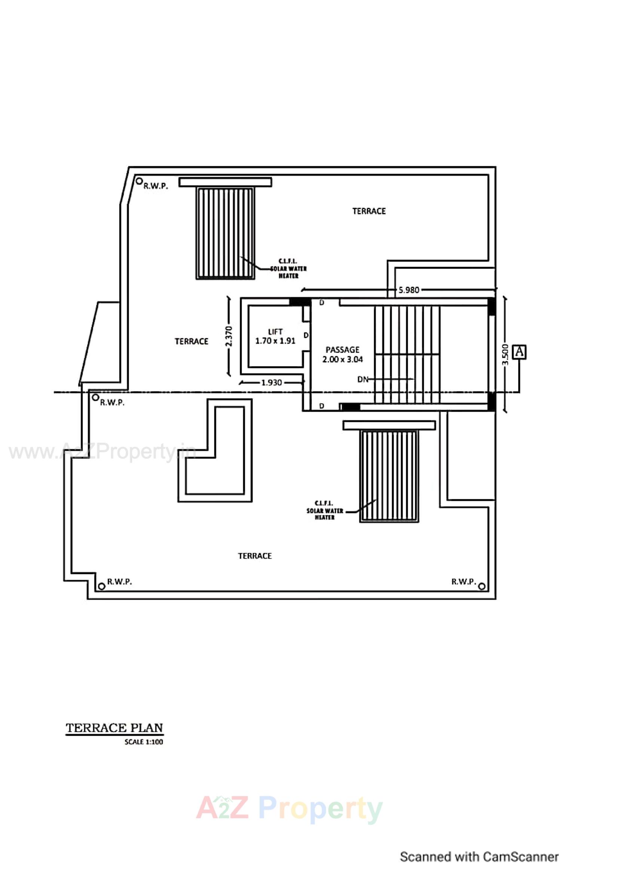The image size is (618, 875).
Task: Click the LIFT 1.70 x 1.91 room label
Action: pos(275,336)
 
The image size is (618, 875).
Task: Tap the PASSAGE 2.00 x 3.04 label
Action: pos(343,354)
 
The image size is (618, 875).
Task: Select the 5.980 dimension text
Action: pos(409,290)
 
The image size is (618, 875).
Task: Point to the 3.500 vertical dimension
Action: pos(505,354)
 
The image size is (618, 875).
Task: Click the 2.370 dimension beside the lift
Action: pos(229,336)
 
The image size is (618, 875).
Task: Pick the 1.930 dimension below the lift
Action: pos(271,382)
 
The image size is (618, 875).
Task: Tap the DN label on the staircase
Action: pos(363,379)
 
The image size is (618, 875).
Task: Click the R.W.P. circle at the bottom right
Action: pos(481,586)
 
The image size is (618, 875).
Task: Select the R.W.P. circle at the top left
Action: pos(140,181)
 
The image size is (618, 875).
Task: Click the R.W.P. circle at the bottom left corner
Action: pos(101,586)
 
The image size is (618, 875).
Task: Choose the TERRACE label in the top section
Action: pos(369,211)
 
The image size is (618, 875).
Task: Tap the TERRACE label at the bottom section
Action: pos(255,556)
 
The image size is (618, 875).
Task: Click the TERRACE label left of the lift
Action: pos(191,341)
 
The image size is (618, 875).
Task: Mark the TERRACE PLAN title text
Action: pos(114,728)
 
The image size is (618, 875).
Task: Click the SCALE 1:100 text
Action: pos(144,742)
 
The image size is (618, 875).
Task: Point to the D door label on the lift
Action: pos(306,335)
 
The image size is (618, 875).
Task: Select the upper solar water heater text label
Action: pos(288,269)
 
